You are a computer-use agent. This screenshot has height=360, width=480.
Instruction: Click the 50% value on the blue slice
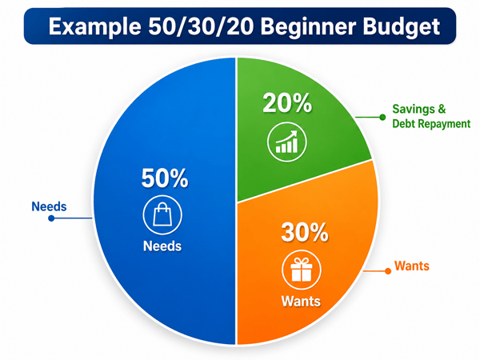tap(165, 178)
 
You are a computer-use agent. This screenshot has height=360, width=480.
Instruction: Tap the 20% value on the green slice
tap(287, 103)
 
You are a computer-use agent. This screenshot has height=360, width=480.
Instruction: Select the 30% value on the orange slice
tap(305, 232)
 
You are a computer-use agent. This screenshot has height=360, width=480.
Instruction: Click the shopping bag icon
tap(162, 215)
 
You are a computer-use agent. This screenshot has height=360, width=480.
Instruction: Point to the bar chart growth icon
tap(287, 142)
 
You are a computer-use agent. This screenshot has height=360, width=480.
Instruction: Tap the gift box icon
tap(302, 270)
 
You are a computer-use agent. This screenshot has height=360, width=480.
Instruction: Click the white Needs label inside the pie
tap(162, 246)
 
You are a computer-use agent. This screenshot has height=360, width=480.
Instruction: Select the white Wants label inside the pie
tap(301, 302)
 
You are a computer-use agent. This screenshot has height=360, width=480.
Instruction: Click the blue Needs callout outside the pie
tap(49, 206)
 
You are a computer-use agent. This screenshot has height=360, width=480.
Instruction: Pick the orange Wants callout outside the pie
tap(412, 266)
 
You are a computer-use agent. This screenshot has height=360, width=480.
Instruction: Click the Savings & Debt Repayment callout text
tap(431, 116)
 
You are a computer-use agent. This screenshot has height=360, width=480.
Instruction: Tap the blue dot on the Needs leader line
tap(51, 218)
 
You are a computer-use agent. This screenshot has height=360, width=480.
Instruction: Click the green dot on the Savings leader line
tap(382, 118)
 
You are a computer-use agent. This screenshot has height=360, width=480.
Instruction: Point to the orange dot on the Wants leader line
tap(388, 271)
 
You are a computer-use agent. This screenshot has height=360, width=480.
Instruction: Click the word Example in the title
tap(94, 27)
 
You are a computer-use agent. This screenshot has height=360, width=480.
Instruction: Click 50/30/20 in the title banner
tap(201, 26)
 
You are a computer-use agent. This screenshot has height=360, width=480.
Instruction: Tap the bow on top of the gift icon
tap(302, 261)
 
